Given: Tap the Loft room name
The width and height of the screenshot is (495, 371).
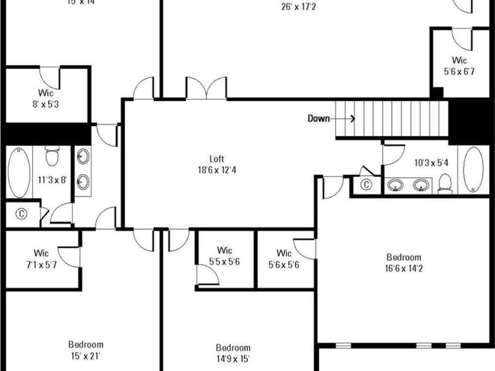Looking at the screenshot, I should (217, 158).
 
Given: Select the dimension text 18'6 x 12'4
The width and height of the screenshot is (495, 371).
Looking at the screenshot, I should (217, 170).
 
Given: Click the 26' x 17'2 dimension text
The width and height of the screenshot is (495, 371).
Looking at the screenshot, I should (298, 8).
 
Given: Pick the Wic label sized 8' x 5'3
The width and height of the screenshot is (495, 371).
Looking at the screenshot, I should (46, 92).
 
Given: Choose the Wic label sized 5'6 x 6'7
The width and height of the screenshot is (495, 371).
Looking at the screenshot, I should (459, 60).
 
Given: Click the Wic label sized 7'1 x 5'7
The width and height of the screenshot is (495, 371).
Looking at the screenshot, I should (41, 253).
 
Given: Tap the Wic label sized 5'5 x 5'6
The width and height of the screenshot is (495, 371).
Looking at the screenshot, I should (224, 250).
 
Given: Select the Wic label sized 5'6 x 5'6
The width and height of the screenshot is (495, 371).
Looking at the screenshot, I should (284, 253).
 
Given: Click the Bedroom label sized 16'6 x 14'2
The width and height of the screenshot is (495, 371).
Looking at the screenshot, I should (403, 257).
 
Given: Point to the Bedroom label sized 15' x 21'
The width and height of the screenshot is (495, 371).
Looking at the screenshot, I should (86, 345).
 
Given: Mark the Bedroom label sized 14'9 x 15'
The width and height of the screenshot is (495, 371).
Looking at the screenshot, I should (233, 348).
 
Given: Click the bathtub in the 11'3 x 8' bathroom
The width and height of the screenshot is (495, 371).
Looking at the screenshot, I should (19, 173).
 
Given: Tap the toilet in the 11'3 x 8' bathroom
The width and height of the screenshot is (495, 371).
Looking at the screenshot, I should (53, 157).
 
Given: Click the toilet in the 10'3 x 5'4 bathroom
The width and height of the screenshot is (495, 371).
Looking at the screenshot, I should (445, 184).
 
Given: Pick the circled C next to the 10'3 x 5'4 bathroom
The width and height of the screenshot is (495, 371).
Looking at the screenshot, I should (366, 185).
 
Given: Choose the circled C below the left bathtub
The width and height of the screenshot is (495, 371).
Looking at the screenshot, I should (22, 214).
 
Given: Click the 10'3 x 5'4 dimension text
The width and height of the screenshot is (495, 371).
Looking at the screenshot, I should (431, 163).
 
